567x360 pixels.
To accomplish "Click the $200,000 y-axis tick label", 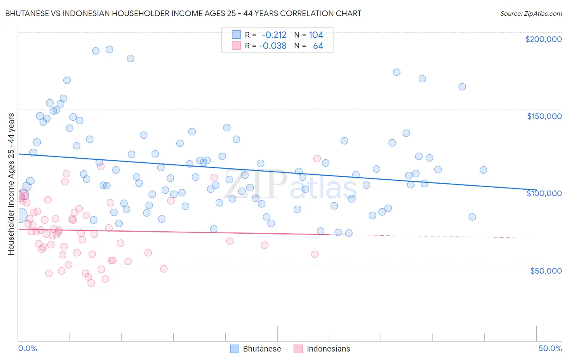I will click(543, 39).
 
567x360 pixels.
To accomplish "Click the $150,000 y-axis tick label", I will click(544, 116).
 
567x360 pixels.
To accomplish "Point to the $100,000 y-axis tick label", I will click(544, 193).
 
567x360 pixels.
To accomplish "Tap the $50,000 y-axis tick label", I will click(546, 270).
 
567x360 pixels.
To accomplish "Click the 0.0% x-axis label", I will click(27, 348).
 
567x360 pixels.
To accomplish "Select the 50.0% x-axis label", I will click(550, 348).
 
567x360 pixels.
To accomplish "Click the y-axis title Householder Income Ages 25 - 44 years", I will click(11, 184).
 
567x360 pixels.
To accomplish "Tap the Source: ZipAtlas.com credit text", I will click(531, 13).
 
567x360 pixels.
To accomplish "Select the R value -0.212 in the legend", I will click(274, 35).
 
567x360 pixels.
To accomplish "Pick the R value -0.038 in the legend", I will click(273, 46).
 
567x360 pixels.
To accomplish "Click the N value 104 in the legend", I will click(316, 35).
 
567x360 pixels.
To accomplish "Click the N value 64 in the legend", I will click(318, 46).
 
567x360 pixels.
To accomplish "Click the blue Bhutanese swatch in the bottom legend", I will click(235, 349).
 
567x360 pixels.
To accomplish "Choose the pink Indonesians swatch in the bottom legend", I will click(298, 349).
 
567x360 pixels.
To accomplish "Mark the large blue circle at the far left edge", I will click(20, 216).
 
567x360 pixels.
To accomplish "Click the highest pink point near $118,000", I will click(317, 158).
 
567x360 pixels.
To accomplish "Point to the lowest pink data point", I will click(91, 283).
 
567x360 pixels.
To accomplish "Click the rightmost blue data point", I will click(483, 170).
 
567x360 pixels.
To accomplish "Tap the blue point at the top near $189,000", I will click(109, 49).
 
